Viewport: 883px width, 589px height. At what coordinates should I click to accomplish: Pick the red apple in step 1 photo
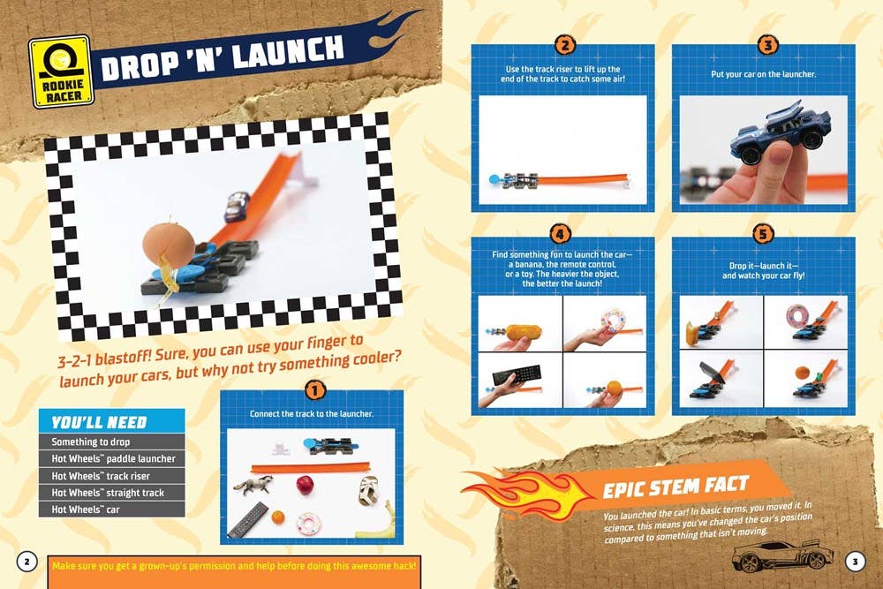click(305, 485)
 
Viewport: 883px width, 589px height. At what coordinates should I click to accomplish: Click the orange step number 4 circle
click(560, 235)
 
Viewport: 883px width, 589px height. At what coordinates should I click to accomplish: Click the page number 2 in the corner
click(26, 561)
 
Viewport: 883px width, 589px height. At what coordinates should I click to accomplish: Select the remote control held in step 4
click(519, 378)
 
